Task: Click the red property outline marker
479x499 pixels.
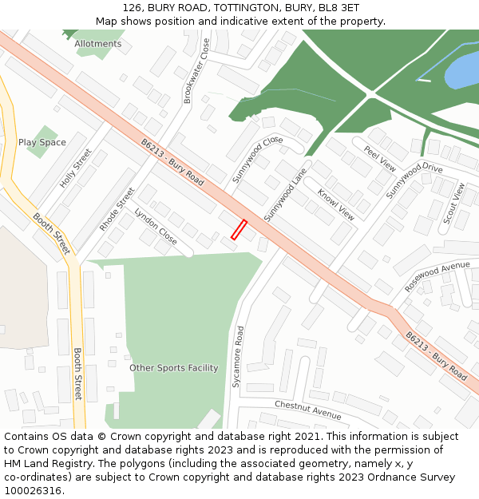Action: (x=239, y=230)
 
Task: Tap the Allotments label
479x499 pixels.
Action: (x=98, y=44)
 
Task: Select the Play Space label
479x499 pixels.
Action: (x=42, y=143)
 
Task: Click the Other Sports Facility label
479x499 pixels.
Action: (x=174, y=368)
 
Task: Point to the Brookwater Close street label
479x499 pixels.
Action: (x=196, y=71)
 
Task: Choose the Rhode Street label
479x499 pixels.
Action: (x=117, y=209)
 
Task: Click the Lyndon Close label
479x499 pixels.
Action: (x=156, y=226)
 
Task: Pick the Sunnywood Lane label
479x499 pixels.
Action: (x=285, y=194)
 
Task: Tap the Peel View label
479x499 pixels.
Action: (x=380, y=159)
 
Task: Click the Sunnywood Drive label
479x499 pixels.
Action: (x=414, y=180)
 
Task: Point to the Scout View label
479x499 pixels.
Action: (x=453, y=203)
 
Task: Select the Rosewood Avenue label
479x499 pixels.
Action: (x=437, y=276)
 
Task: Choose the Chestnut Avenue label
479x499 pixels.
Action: (x=308, y=410)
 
